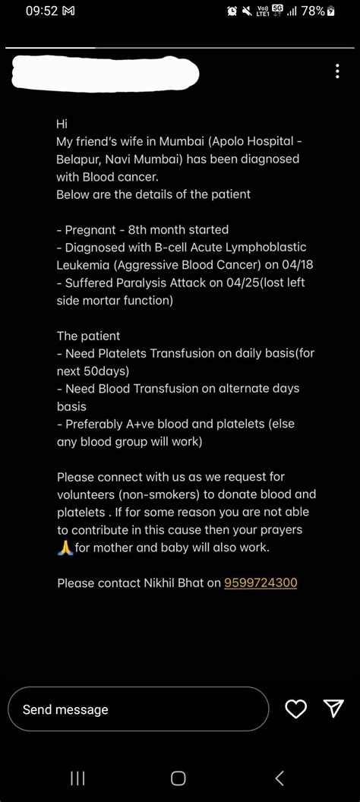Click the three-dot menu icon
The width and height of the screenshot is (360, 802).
coord(337,71)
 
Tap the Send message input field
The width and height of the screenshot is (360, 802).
coord(138,709)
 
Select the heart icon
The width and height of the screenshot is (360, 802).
coord(295,709)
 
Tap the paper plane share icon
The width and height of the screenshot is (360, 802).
coord(334,709)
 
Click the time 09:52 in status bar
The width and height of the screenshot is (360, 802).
coord(41,11)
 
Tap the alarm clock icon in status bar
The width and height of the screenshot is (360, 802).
coord(232,11)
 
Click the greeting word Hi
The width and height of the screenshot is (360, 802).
coord(62,123)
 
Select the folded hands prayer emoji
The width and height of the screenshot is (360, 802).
coord(65,547)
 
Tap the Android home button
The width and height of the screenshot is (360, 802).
coord(178,778)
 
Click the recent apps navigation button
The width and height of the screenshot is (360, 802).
coord(77,778)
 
